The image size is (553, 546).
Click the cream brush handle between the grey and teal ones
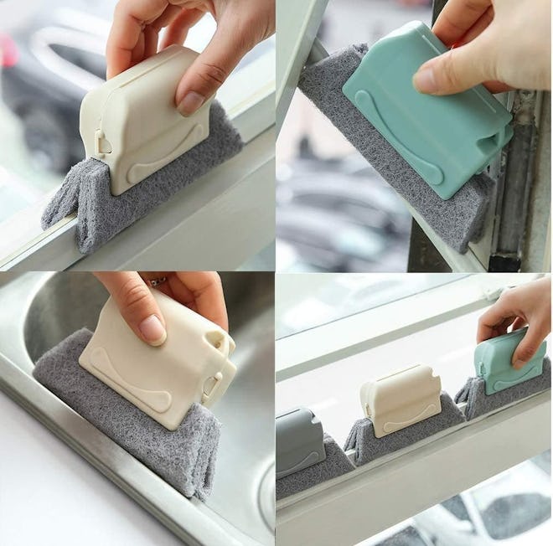[401, 399]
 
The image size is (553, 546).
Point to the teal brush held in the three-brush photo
[507, 362]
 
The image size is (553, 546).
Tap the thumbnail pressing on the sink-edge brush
[152, 327]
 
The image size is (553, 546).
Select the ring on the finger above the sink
[159, 281]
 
